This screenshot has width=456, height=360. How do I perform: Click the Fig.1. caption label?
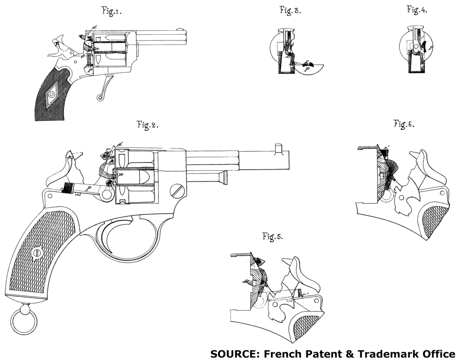[x=111, y=12]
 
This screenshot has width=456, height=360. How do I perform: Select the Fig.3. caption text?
[x=290, y=11]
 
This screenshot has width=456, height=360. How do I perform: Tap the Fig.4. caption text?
[x=417, y=11]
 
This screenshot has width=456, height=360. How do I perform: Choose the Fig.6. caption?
[x=404, y=124]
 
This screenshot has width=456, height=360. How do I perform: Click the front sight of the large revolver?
[x=279, y=148]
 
